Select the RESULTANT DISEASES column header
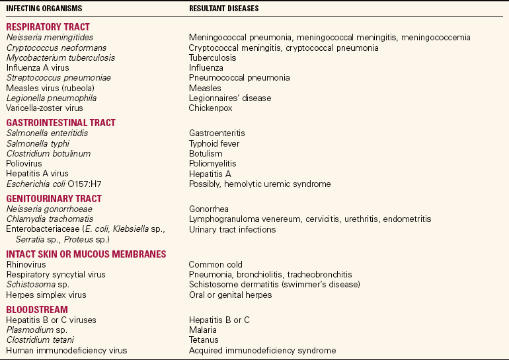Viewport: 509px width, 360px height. (x=223, y=9)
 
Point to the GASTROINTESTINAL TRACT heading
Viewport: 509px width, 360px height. (x=61, y=123)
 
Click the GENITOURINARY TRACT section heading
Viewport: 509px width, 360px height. (x=54, y=198)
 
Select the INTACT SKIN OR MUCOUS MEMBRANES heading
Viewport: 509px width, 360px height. (x=86, y=254)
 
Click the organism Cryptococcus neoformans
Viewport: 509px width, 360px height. (x=51, y=48)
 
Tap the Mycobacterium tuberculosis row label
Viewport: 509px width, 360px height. (x=61, y=57)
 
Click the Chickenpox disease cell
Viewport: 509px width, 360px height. (x=211, y=108)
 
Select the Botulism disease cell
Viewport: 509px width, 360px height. (x=206, y=153)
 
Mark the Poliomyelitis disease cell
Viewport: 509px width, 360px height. (x=212, y=163)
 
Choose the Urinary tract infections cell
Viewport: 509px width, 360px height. (x=232, y=229)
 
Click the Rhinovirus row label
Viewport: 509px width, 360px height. (x=27, y=264)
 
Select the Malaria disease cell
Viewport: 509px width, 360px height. (x=203, y=330)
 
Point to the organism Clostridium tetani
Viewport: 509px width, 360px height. (x=42, y=340)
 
